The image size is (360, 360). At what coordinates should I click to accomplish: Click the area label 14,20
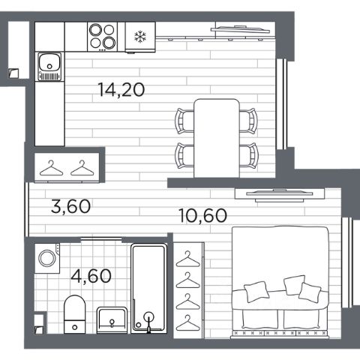(x=121, y=90)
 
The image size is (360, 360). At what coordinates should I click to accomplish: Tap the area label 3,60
(x=70, y=206)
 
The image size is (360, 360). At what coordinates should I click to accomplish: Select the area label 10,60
(x=203, y=215)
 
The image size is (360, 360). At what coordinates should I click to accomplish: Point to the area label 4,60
(x=91, y=276)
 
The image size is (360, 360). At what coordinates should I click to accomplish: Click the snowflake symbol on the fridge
(x=140, y=37)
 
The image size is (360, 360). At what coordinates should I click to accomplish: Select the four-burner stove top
(x=102, y=37)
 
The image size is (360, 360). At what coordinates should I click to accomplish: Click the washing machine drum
(x=47, y=258)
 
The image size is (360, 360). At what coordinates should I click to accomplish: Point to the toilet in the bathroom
(x=74, y=314)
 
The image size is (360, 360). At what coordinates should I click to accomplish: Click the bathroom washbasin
(x=112, y=320)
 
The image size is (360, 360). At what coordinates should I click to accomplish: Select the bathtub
(x=148, y=289)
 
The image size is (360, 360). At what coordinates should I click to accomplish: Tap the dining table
(x=217, y=138)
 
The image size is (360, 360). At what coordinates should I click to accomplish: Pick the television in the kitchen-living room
(x=241, y=29)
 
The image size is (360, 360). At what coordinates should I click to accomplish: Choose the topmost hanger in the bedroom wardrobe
(x=188, y=259)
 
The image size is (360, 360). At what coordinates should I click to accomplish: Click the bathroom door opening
(x=101, y=239)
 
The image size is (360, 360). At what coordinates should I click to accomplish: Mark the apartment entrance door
(x=26, y=209)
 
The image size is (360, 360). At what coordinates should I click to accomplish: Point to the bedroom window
(x=347, y=262)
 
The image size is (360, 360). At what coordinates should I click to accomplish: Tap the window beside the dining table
(x=282, y=104)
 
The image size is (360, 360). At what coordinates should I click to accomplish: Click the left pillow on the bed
(x=256, y=292)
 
